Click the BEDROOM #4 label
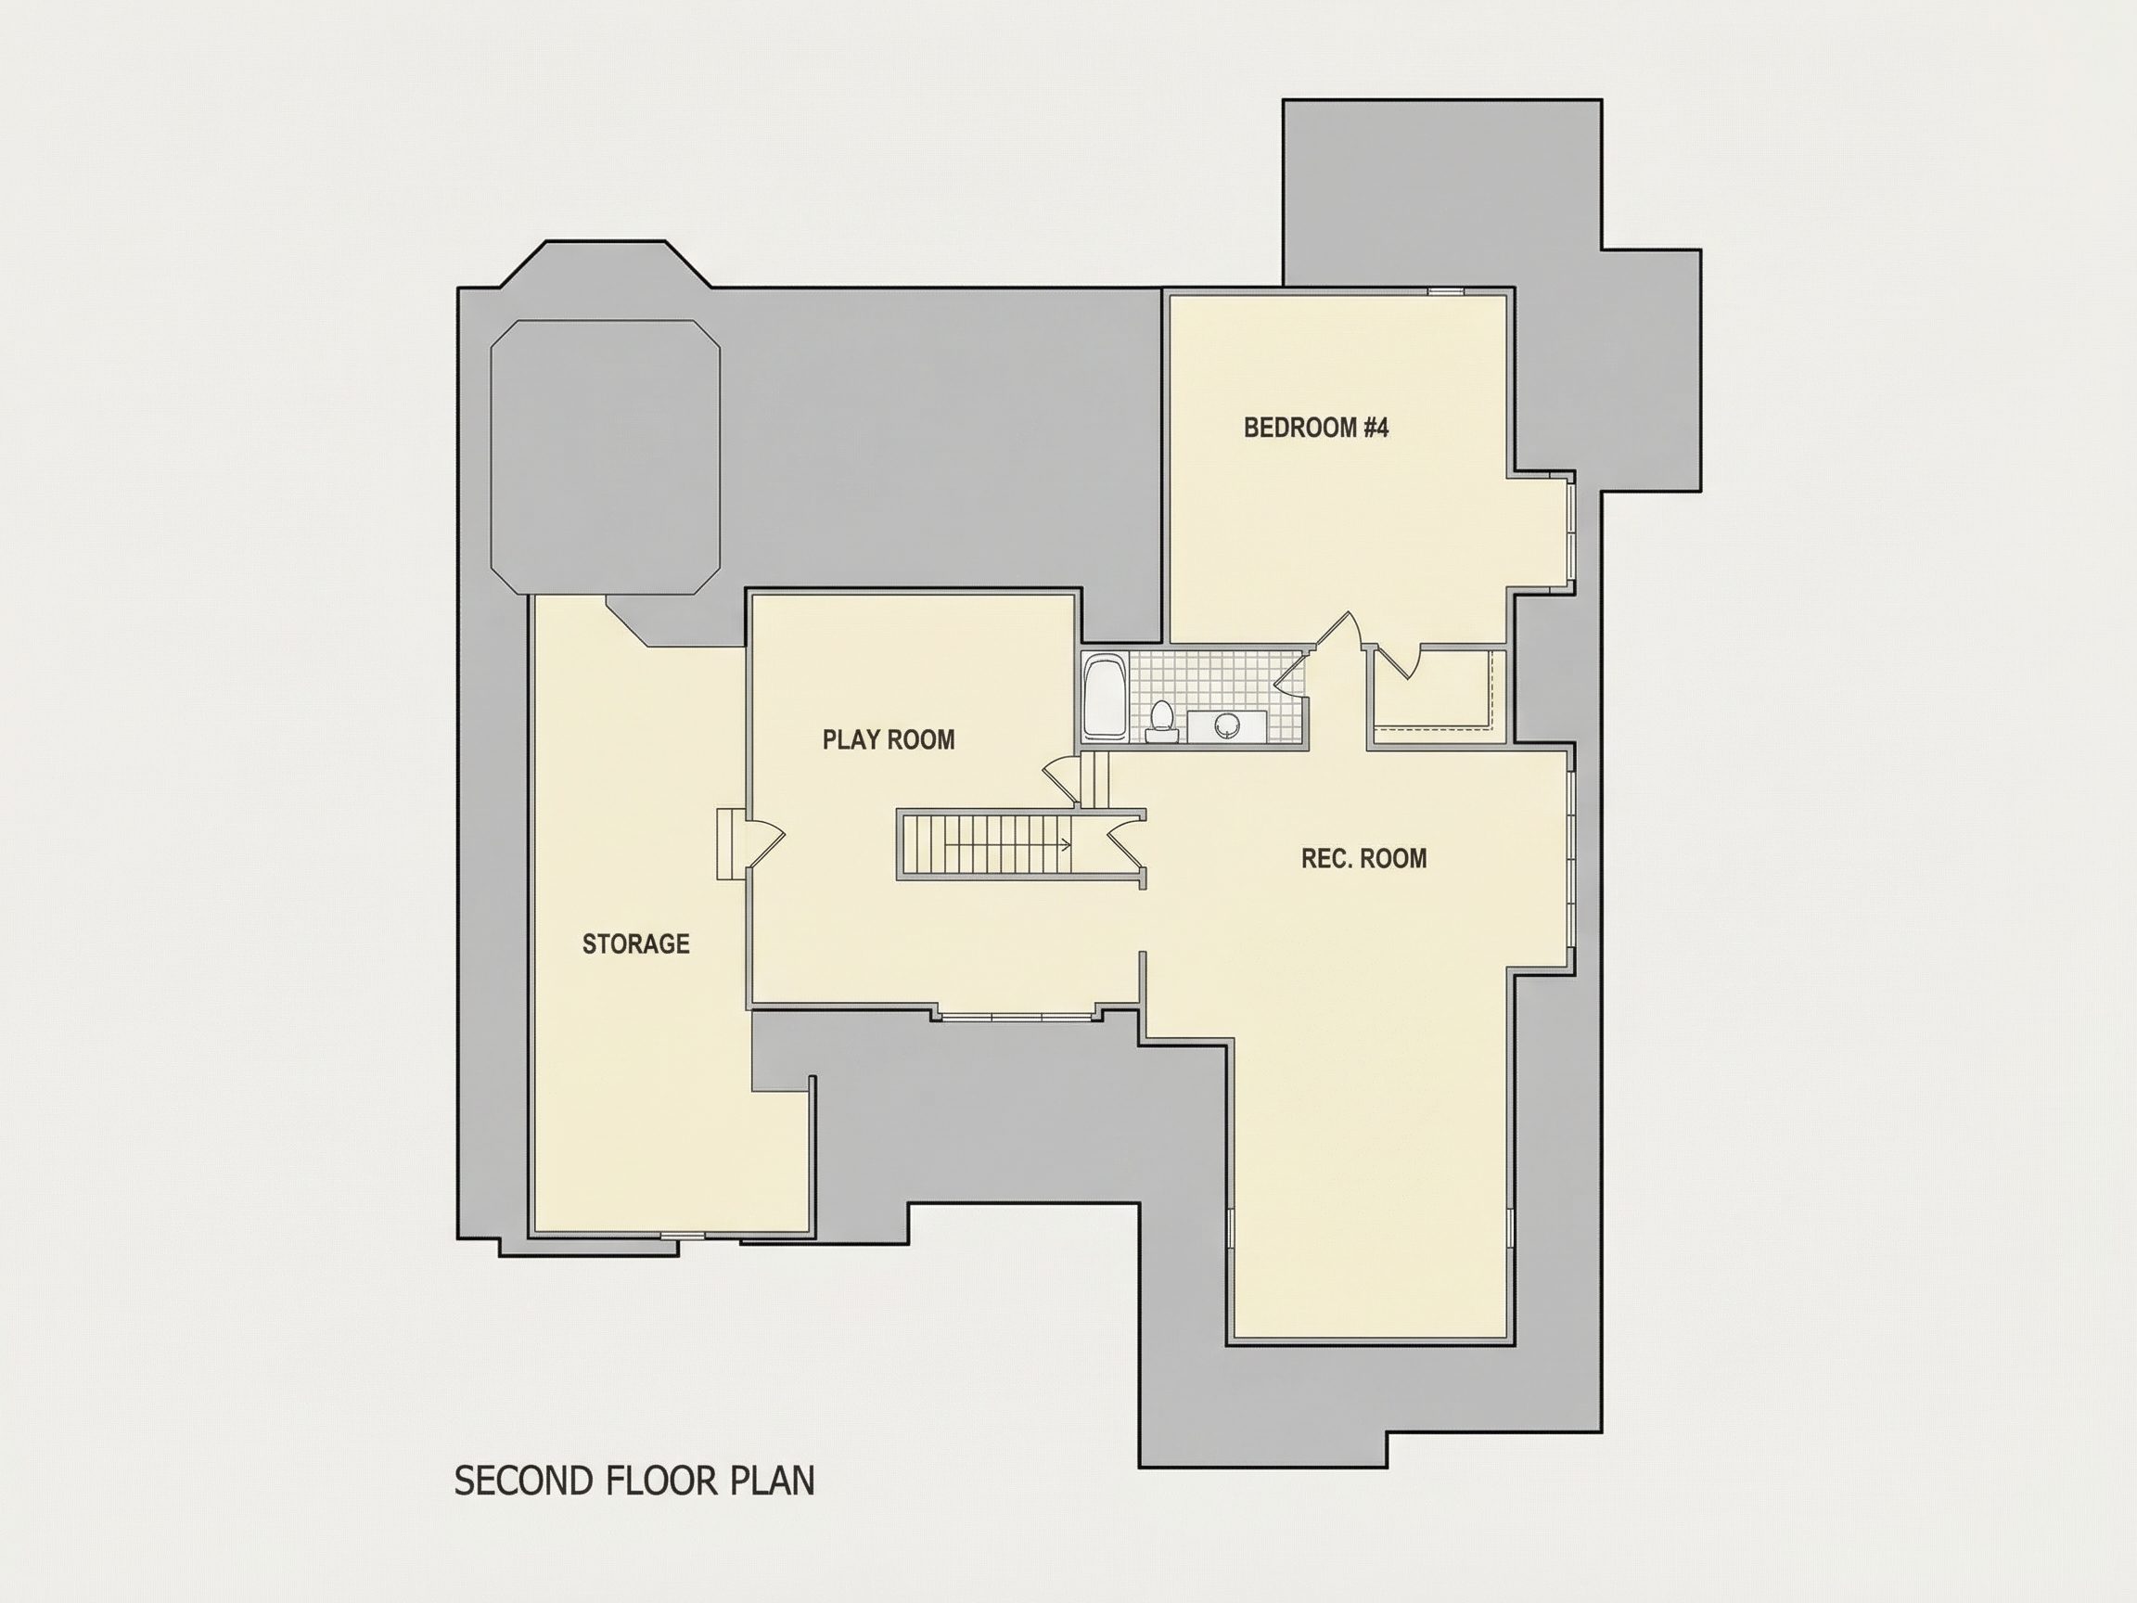pyautogui.click(x=1316, y=427)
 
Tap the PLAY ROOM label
pyautogui.click(x=889, y=739)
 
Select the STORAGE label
pyautogui.click(x=635, y=943)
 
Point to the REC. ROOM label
pyautogui.click(x=1363, y=858)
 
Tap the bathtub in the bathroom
pyautogui.click(x=1103, y=697)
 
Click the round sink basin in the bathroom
pyautogui.click(x=1227, y=725)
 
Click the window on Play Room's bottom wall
pyautogui.click(x=1017, y=1015)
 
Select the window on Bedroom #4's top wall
pyautogui.click(x=1445, y=291)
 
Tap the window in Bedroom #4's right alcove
pyautogui.click(x=1571, y=531)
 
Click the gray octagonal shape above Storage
pyautogui.click(x=606, y=456)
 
